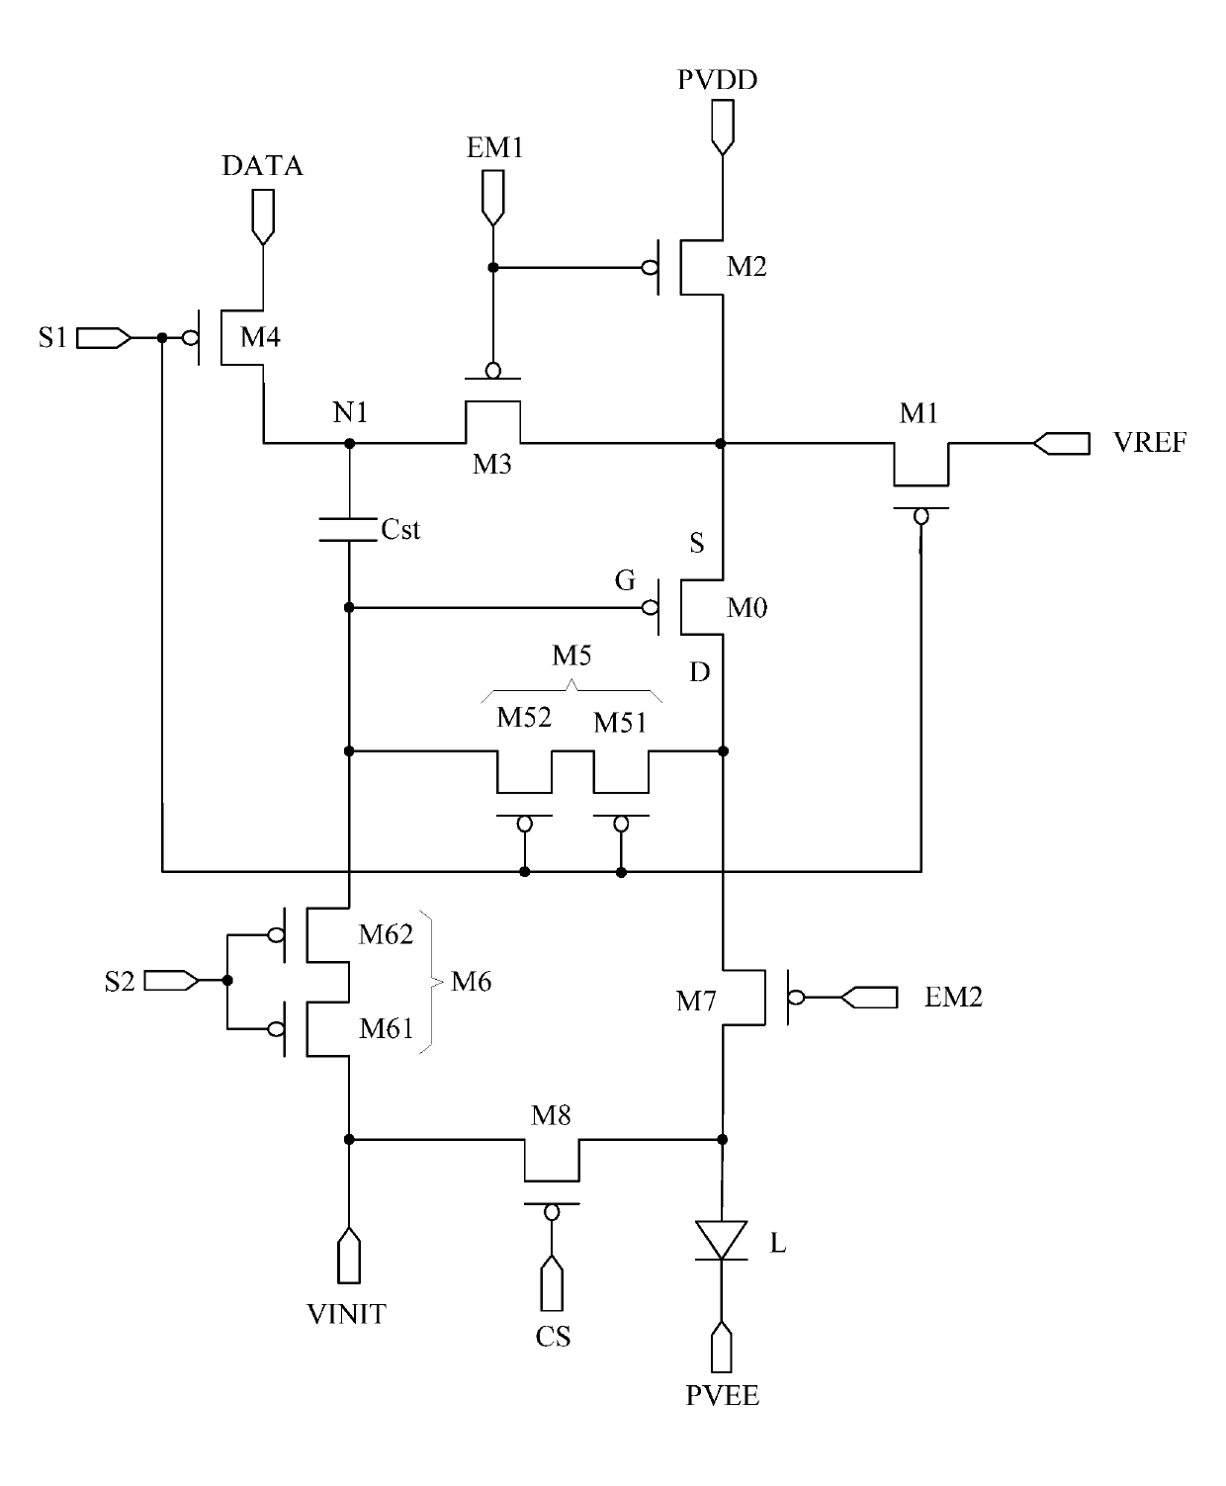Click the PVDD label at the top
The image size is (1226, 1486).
(717, 80)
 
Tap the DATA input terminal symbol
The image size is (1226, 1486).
(263, 218)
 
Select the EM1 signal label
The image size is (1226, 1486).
(494, 147)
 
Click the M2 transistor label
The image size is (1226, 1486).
(746, 266)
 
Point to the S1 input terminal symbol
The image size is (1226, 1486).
(104, 338)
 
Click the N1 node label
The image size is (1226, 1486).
(350, 412)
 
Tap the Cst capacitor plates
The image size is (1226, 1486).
(348, 530)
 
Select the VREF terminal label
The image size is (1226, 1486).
(1150, 443)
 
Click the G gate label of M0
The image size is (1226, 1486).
(625, 580)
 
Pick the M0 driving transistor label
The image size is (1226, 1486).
(746, 607)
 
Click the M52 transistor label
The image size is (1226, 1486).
(524, 718)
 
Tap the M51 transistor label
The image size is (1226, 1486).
(620, 723)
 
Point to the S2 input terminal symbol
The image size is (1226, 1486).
(172, 981)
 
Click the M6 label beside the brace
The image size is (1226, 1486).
(472, 982)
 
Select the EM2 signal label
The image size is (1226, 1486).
(953, 997)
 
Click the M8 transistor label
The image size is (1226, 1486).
(551, 1115)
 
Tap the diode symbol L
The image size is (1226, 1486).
(721, 1241)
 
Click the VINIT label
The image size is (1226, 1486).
(347, 1314)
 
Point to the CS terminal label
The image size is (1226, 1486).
(554, 1337)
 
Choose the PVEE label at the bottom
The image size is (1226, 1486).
(722, 1395)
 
